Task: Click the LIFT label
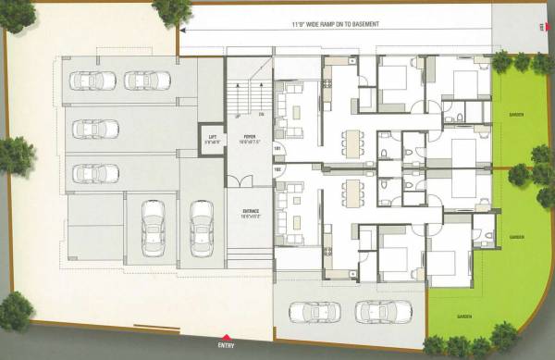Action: click(211, 136)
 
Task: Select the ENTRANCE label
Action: click(250, 211)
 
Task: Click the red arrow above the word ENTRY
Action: click(224, 337)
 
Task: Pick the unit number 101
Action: click(277, 150)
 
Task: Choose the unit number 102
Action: click(277, 170)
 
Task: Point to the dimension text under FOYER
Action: click(250, 141)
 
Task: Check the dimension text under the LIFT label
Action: click(211, 143)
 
